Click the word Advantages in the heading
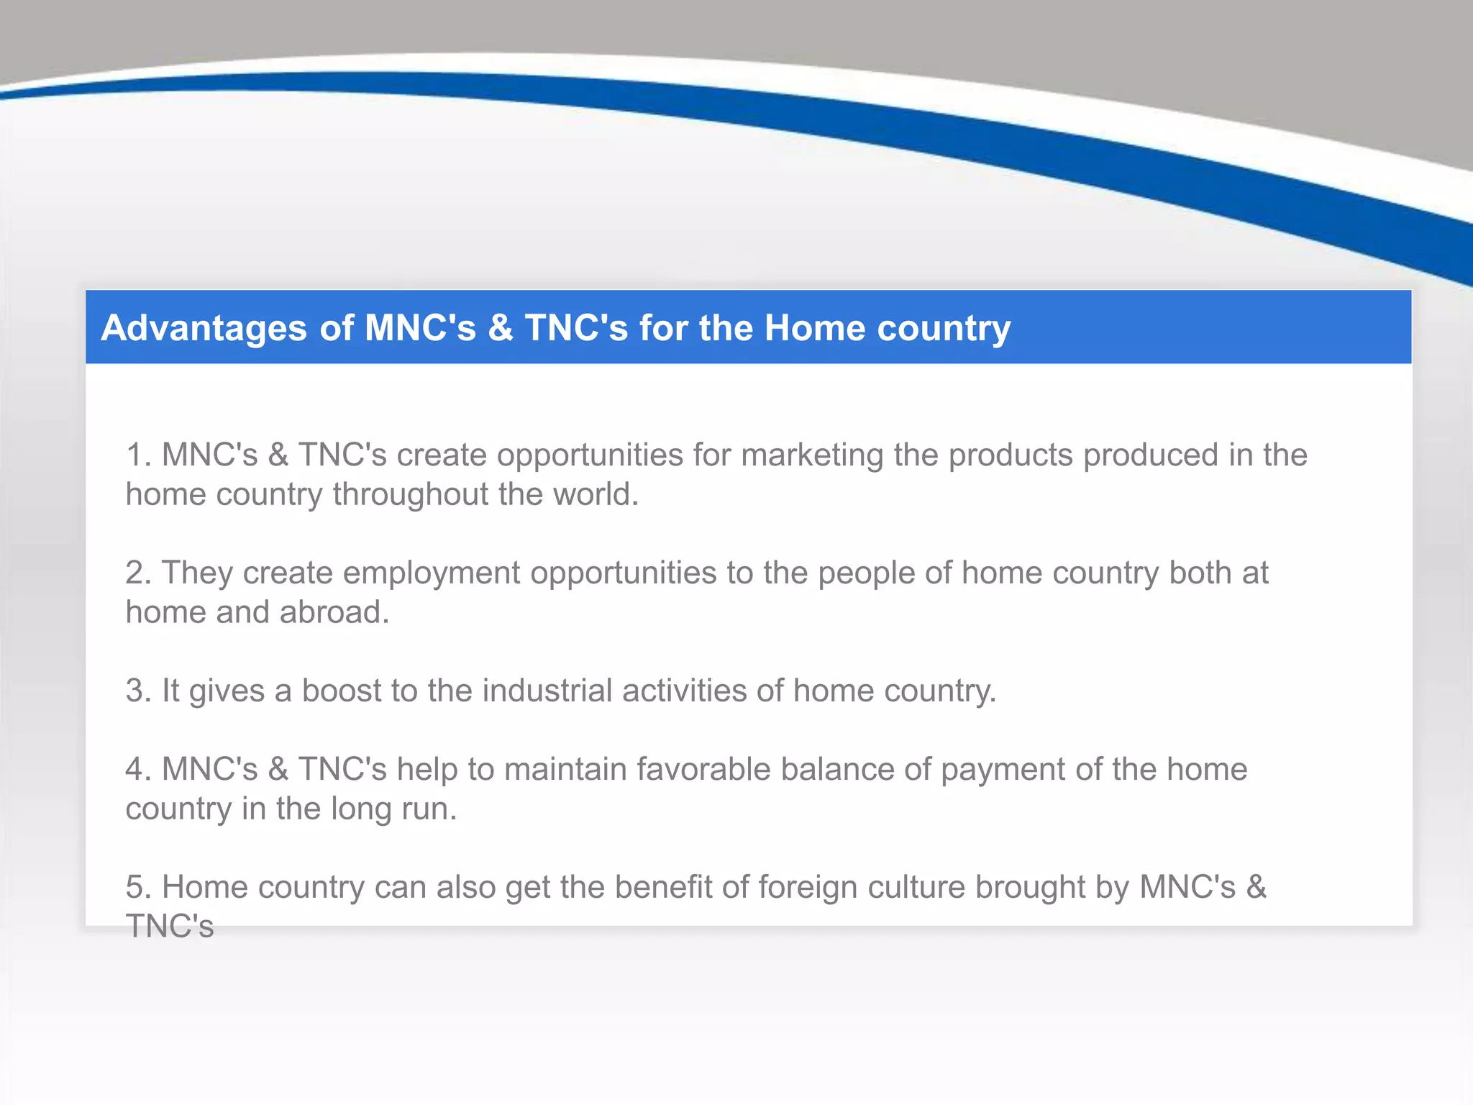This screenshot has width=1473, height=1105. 204,328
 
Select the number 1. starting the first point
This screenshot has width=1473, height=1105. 138,455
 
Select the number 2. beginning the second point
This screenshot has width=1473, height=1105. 138,573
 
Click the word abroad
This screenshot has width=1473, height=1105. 334,612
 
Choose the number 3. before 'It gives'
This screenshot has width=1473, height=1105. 138,691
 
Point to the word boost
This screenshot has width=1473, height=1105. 341,691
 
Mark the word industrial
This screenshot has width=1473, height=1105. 547,691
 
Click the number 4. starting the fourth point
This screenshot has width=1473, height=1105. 138,769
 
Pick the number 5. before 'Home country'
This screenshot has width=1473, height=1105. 138,887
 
